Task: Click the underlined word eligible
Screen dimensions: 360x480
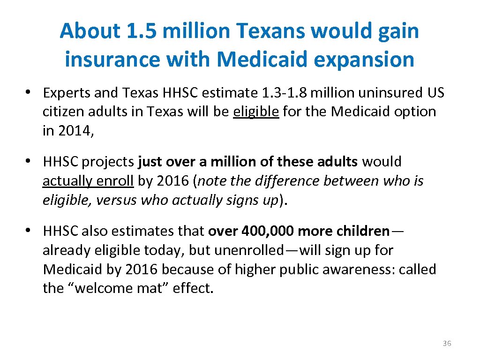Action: tap(256, 112)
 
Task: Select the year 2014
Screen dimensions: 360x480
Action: tap(75, 131)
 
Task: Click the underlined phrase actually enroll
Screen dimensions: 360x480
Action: tap(88, 181)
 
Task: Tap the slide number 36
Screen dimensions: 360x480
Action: tap(447, 344)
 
